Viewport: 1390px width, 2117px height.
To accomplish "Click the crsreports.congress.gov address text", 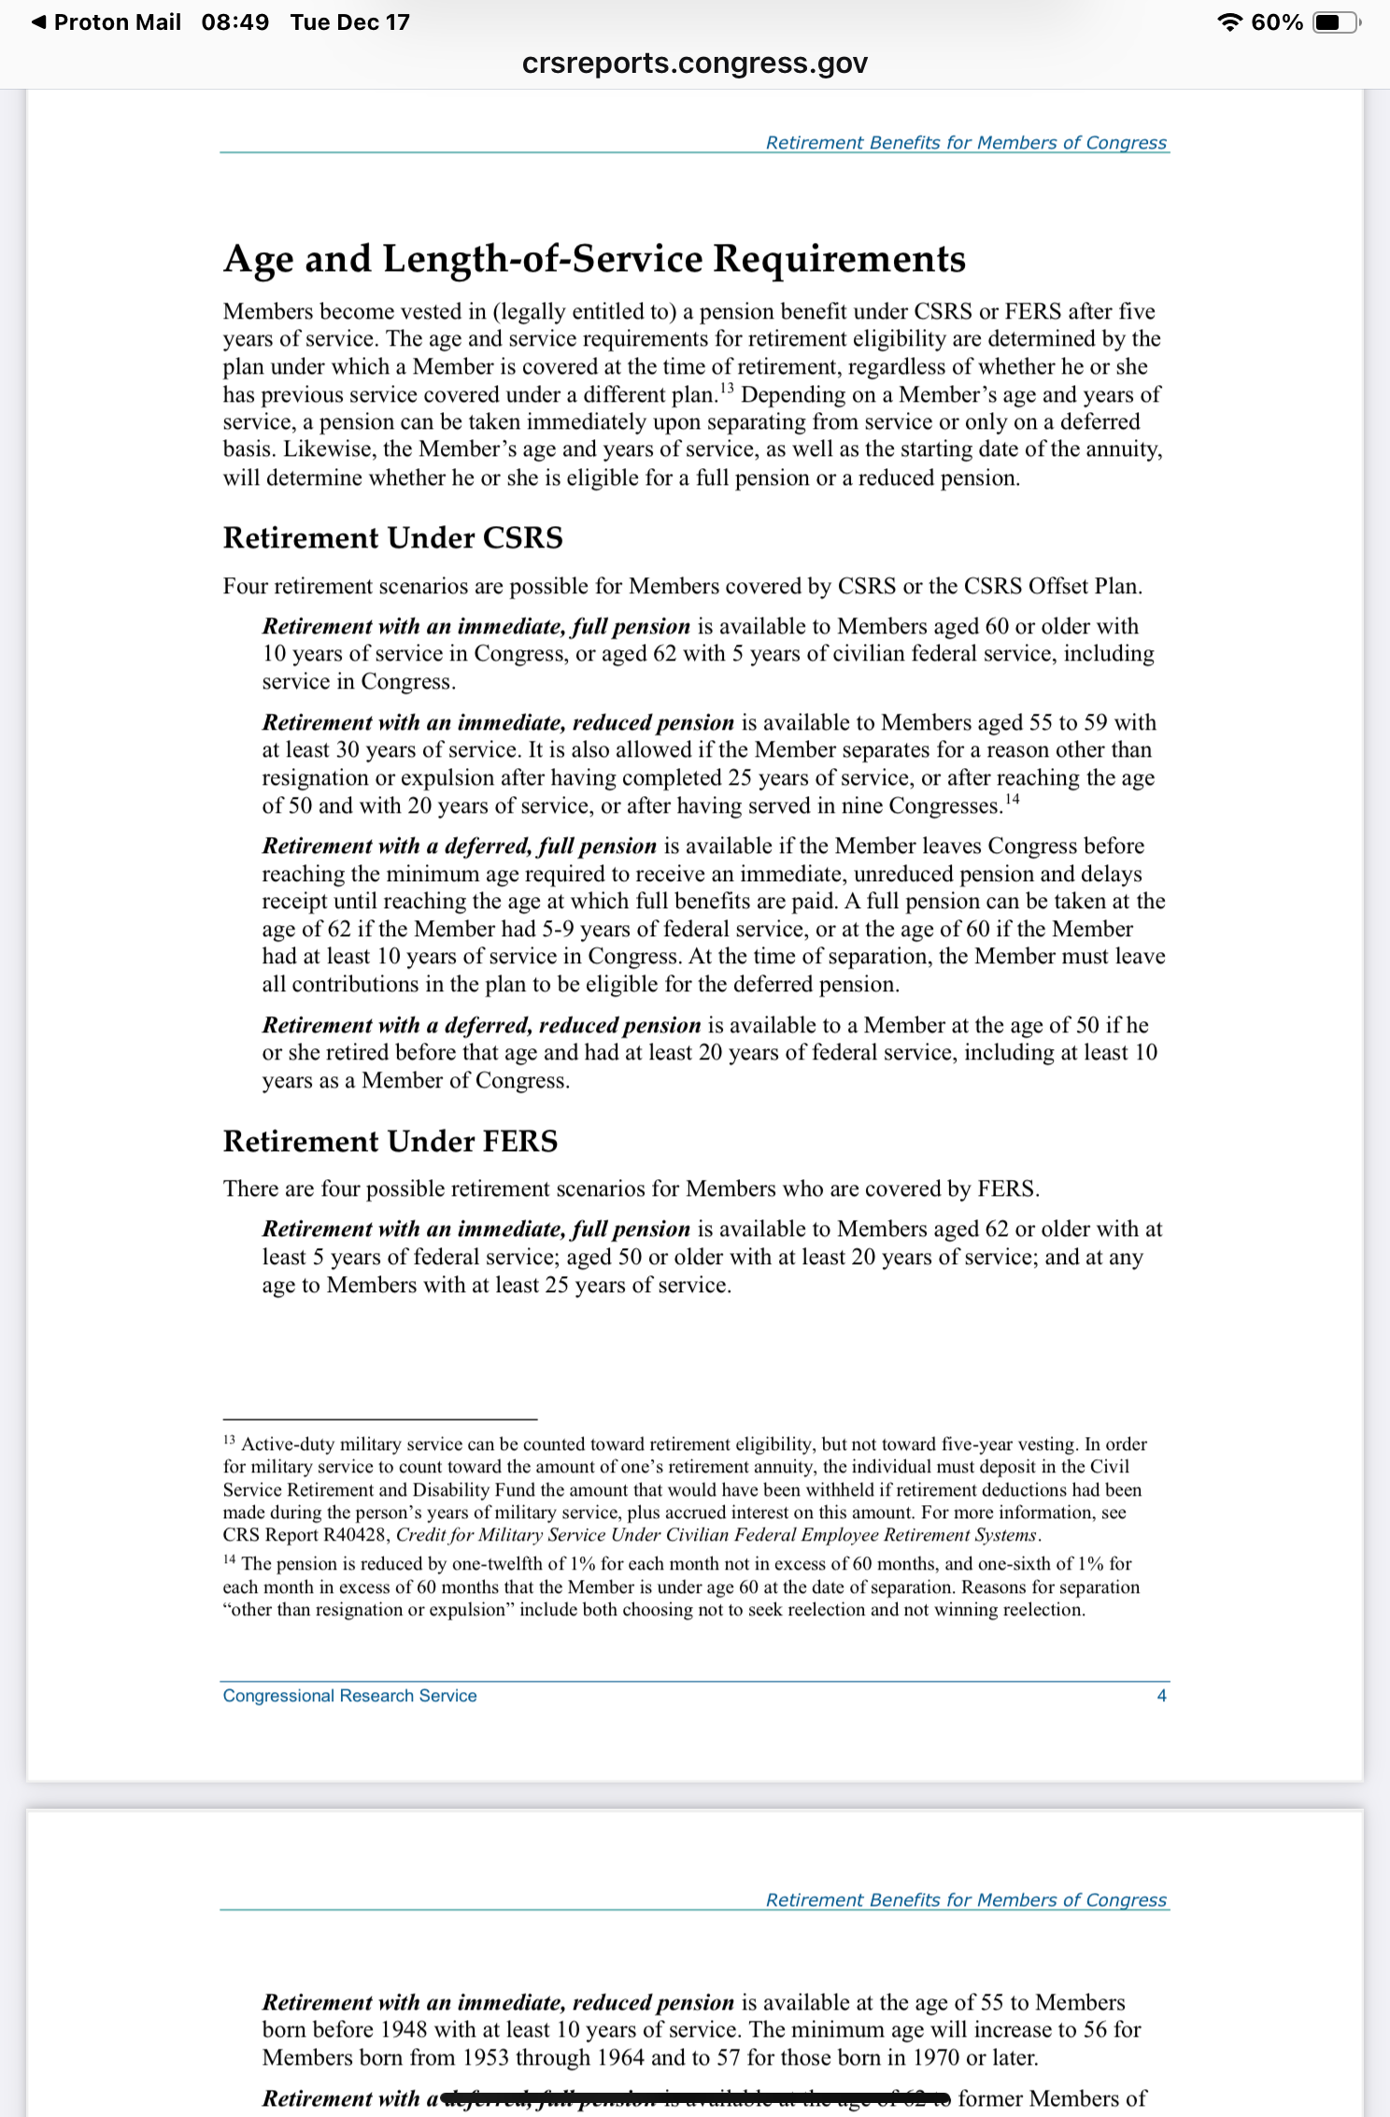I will click(x=695, y=64).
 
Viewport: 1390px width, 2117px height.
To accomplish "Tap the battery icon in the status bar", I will click(x=1336, y=22).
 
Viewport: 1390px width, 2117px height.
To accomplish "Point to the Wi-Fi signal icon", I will click(x=1231, y=22).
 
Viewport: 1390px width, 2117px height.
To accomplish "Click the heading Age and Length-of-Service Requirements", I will click(x=594, y=259).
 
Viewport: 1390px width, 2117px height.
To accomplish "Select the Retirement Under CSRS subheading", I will click(x=392, y=538).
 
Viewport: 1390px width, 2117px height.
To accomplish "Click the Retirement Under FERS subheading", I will click(x=390, y=1141).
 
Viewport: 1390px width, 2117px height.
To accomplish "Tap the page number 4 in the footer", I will click(x=1161, y=1696).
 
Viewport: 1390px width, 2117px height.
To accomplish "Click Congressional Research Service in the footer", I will click(x=349, y=1696).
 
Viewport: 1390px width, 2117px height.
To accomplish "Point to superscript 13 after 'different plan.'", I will click(x=727, y=387).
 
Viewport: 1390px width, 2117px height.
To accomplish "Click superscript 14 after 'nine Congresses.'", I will click(x=1013, y=799).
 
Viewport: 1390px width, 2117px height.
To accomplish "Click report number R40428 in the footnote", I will click(x=357, y=1535).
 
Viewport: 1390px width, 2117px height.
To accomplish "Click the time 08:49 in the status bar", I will click(x=234, y=22).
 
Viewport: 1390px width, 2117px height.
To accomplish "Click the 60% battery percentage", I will click(x=1277, y=22).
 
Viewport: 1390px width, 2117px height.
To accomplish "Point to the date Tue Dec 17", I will click(x=349, y=22).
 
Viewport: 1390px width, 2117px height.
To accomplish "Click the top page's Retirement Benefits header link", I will click(x=966, y=143).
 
